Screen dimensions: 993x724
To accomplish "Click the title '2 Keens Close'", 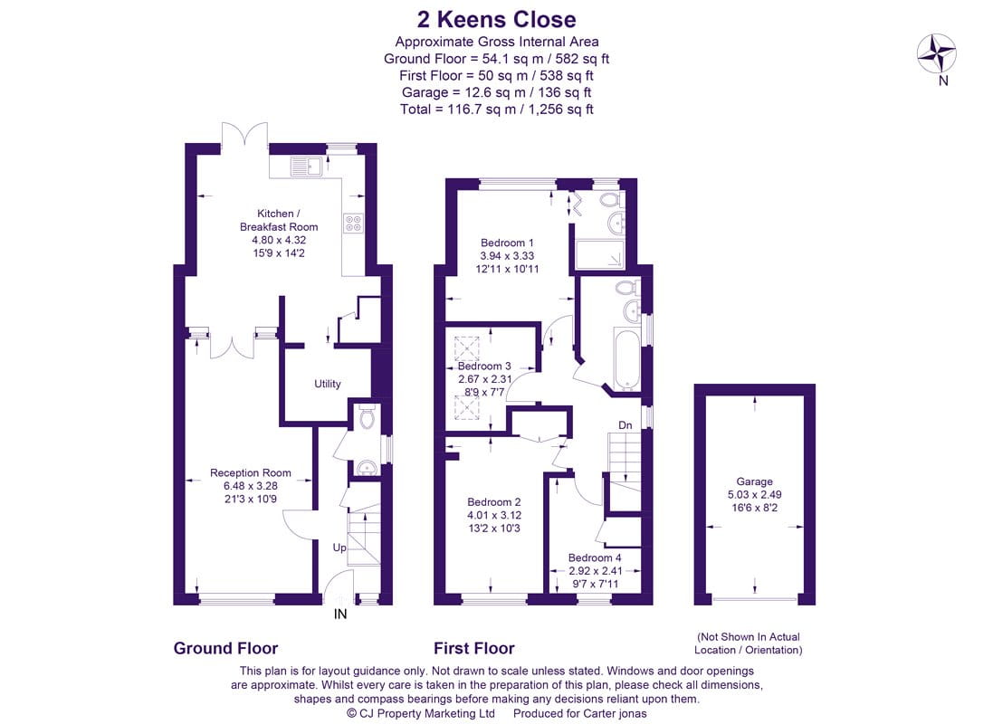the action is tap(496, 19).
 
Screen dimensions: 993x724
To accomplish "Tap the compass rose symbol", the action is tap(937, 53).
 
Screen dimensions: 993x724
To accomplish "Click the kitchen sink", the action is tap(307, 167).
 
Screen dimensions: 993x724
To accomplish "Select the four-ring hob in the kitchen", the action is tap(353, 223).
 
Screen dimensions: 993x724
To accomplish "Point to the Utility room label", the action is tap(328, 384).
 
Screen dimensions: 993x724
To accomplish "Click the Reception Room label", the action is tap(251, 472).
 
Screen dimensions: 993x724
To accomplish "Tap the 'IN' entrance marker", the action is tap(340, 614).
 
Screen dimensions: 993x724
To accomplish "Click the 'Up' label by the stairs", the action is tap(339, 548).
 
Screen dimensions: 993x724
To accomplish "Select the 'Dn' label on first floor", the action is tap(625, 425).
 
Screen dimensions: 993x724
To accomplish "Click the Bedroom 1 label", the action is tap(507, 243).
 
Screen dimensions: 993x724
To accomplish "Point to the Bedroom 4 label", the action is tap(595, 558).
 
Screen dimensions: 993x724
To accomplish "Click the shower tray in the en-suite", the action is tap(599, 254).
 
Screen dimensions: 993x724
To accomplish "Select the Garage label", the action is tap(754, 481).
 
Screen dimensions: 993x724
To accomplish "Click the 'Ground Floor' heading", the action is tap(225, 649).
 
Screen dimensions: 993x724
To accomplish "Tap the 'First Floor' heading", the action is tap(473, 649).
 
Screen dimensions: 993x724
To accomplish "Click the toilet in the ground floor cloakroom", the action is tap(367, 417).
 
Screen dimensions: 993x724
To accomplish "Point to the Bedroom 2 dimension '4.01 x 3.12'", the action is tap(494, 515).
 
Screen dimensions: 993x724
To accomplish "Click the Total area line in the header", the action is tap(496, 109).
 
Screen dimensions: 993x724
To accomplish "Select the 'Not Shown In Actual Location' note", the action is tap(749, 643).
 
